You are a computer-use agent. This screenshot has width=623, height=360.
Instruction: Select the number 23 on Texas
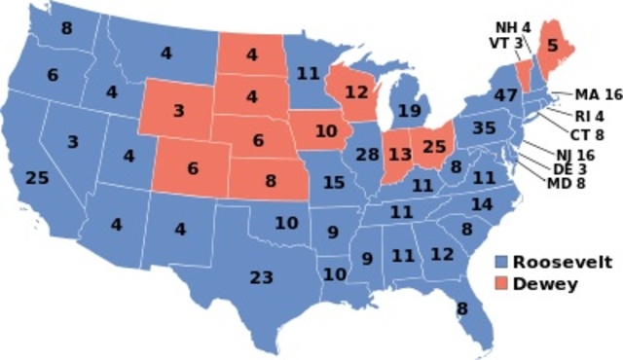pos(261,277)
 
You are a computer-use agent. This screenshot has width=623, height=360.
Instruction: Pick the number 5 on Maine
pos(553,44)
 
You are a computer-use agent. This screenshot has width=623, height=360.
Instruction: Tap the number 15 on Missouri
pos(334,182)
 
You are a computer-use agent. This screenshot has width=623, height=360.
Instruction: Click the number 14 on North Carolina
pos(481,204)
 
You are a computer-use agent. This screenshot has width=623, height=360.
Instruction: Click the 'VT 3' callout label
pos(505,42)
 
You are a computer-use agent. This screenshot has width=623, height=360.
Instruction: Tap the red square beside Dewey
pos(500,284)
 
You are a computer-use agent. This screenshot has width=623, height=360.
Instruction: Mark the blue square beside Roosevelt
pos(500,263)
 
